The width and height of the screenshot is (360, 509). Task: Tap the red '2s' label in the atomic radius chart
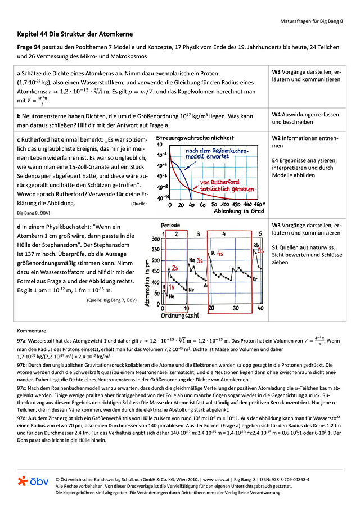175,267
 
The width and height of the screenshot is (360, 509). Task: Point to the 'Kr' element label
255,279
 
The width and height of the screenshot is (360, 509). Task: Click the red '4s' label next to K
220,254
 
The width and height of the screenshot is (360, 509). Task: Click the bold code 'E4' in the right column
276,161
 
